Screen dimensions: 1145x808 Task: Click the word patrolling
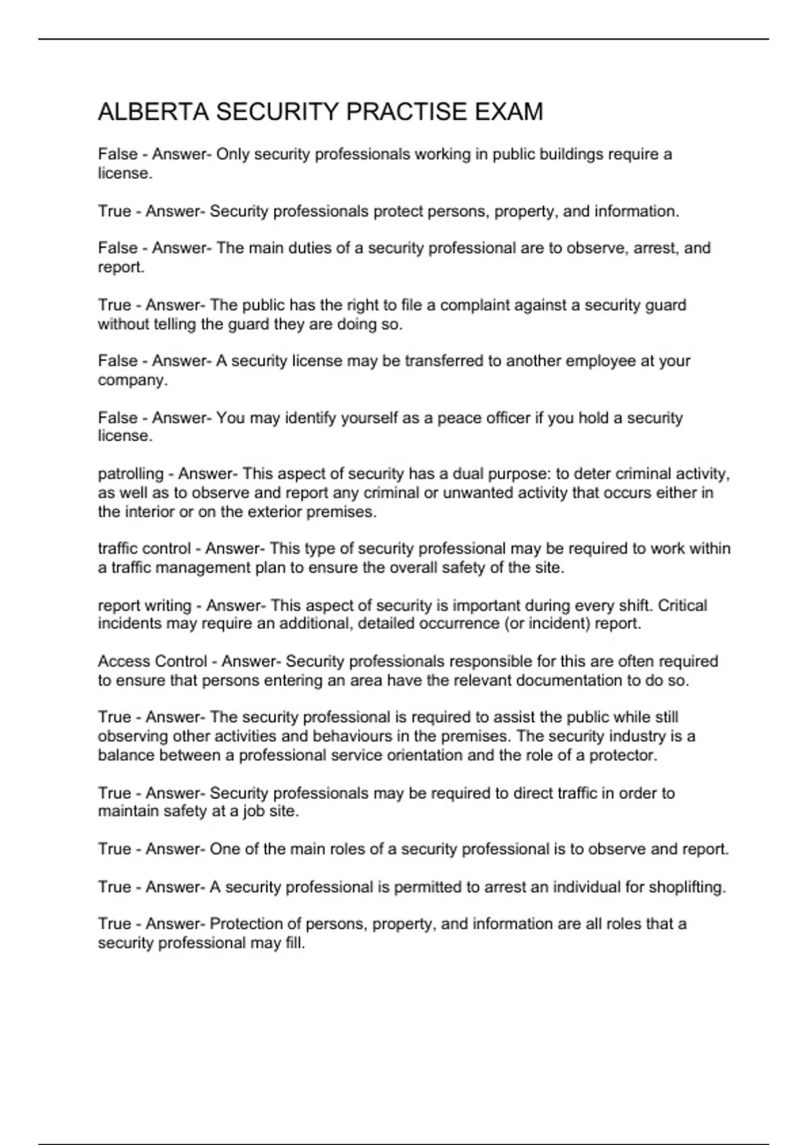pyautogui.click(x=131, y=474)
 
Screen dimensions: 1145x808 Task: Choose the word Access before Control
pyautogui.click(x=124, y=661)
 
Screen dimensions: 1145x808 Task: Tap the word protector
pyautogui.click(x=622, y=755)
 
